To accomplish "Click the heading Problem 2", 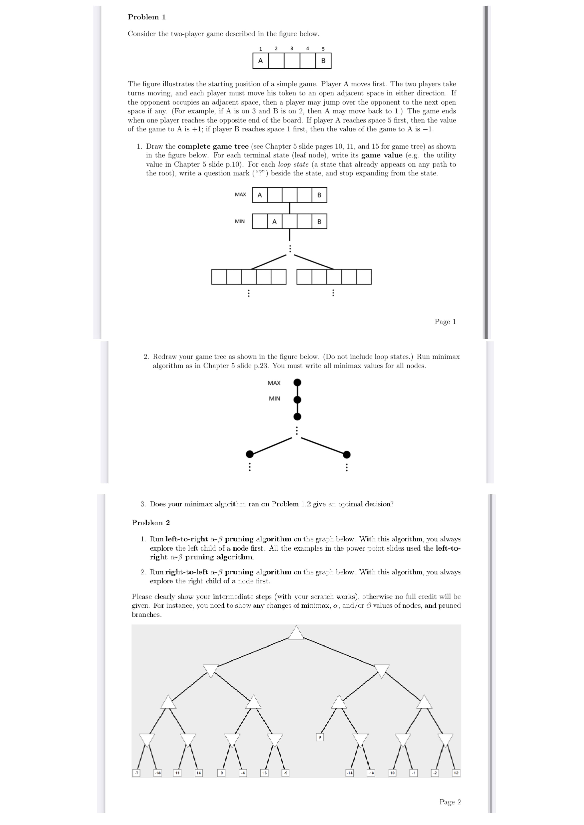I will [151, 523].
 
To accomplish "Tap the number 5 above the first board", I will [323, 49].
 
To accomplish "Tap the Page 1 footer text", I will [445, 322].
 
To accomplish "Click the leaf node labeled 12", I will [456, 773].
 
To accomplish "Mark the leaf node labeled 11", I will [177, 773].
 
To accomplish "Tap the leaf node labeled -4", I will [243, 773].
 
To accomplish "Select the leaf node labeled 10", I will [392, 773].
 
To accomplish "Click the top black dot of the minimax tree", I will [297, 382].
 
